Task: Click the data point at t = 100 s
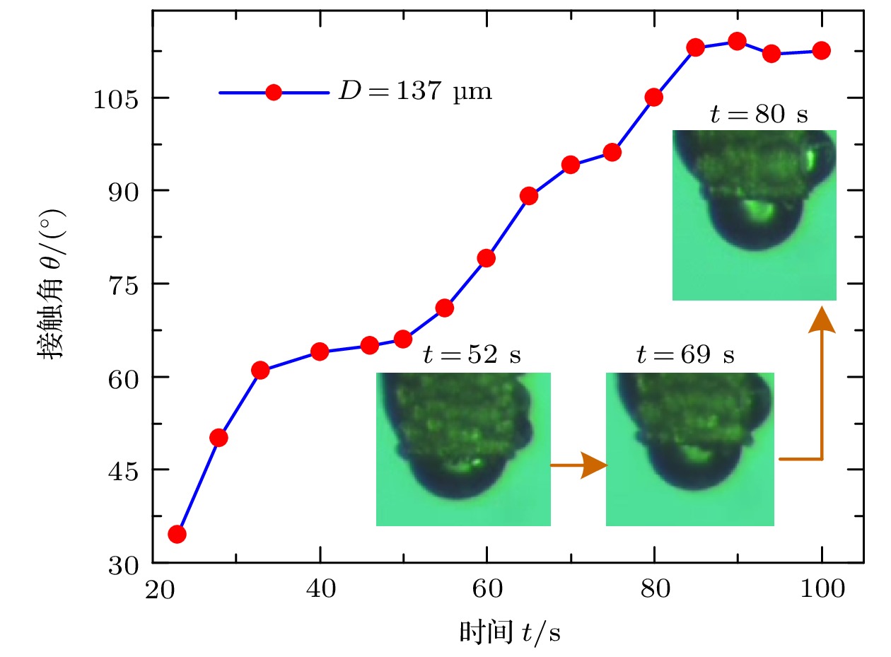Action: click(821, 50)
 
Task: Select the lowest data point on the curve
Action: click(177, 534)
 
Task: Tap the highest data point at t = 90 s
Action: click(737, 41)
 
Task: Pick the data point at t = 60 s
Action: click(487, 258)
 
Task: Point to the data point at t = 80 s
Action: click(654, 97)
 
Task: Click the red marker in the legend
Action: click(274, 92)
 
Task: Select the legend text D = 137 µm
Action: click(414, 92)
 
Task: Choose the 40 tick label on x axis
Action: click(320, 589)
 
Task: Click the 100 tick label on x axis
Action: click(821, 589)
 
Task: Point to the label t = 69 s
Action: click(685, 354)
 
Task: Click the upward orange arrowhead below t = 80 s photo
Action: click(822, 319)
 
